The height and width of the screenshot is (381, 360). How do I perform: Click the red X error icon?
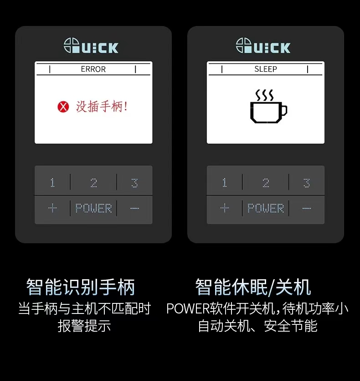(x=63, y=107)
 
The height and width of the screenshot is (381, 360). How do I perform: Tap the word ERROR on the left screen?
(x=93, y=69)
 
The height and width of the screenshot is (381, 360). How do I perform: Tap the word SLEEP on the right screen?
(x=266, y=69)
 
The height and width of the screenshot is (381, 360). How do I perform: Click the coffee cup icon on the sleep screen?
(x=268, y=106)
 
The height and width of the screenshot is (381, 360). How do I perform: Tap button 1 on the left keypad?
(x=52, y=183)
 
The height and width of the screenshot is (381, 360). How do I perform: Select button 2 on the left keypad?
(x=93, y=183)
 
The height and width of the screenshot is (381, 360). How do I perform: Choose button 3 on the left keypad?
(x=134, y=183)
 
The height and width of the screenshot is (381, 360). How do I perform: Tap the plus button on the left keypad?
(x=52, y=208)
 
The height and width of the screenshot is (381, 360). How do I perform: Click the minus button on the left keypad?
(x=134, y=208)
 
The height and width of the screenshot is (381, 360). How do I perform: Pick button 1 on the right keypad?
(x=225, y=183)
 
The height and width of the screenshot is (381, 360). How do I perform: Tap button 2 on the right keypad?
(x=266, y=183)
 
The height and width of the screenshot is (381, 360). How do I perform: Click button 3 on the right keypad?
(x=307, y=183)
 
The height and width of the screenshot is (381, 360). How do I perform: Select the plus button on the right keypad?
(x=225, y=208)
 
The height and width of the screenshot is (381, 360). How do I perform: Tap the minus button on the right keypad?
(x=307, y=208)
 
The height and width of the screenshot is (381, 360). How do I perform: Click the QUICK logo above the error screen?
(x=91, y=46)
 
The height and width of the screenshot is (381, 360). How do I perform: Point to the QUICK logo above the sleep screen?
(x=263, y=46)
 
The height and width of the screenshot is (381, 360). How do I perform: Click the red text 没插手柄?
(x=102, y=106)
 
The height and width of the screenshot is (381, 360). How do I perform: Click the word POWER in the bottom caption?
(x=188, y=308)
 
